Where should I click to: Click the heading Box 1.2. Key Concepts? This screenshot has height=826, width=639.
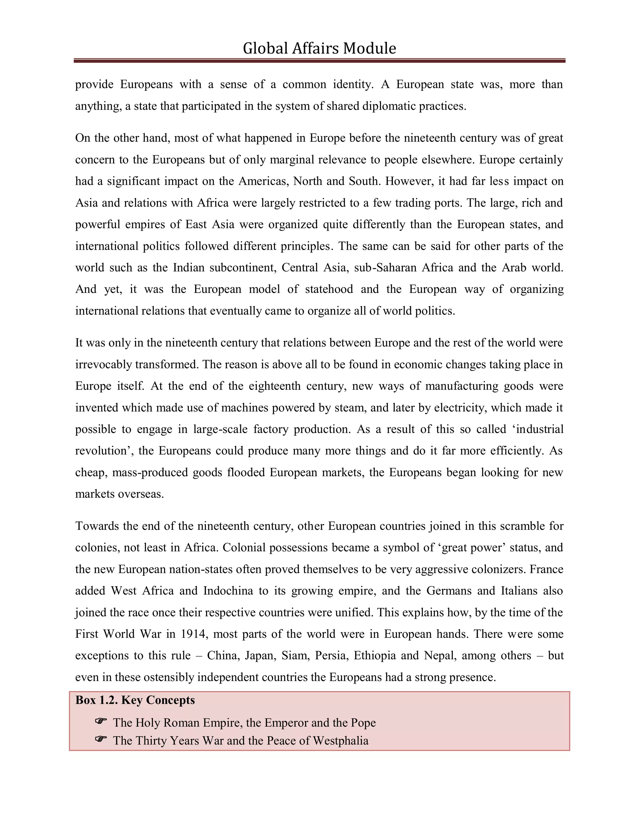point(135,700)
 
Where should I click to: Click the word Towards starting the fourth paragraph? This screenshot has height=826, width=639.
point(96,526)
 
